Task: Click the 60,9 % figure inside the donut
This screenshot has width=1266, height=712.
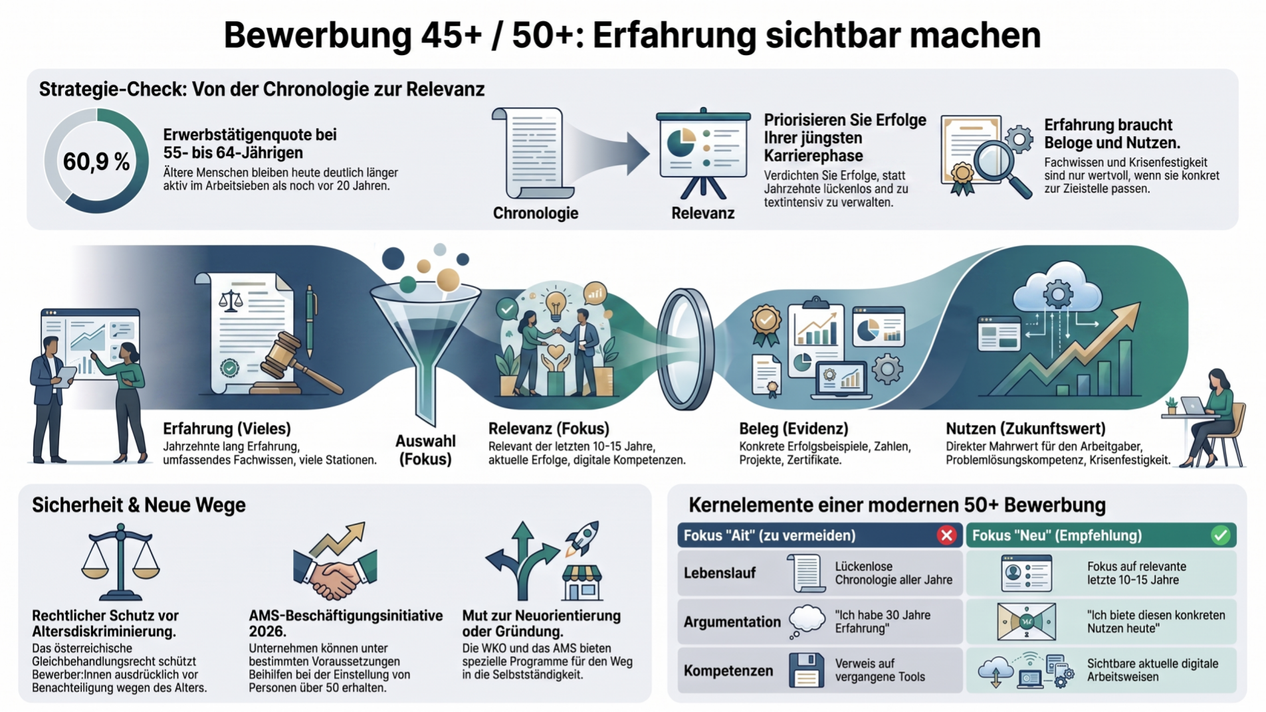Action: (96, 161)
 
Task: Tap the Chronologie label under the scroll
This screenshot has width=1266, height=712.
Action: (535, 213)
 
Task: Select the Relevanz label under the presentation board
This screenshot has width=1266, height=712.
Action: (702, 213)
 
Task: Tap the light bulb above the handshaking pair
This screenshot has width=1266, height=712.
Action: (556, 303)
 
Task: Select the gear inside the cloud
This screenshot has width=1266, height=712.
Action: (1058, 293)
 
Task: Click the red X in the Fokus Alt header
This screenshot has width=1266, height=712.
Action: (947, 535)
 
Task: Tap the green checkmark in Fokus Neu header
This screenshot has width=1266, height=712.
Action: (1220, 535)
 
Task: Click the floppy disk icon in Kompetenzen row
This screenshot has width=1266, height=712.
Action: (806, 670)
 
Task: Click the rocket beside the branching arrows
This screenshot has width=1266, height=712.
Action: (582, 537)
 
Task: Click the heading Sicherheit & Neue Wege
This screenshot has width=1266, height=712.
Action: (139, 505)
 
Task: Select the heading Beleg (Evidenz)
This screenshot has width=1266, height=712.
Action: (793, 428)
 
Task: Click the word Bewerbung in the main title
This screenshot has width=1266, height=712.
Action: (318, 36)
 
